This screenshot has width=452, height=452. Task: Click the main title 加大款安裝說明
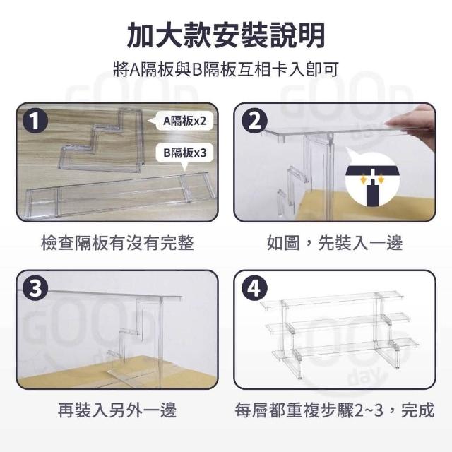point(226,35)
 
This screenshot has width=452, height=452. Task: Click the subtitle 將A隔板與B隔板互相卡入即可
point(226,69)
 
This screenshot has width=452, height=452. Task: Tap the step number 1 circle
point(35,121)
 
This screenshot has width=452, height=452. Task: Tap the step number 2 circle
point(254,121)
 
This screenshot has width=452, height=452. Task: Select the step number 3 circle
point(35,288)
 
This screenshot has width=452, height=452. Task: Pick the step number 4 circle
point(254,288)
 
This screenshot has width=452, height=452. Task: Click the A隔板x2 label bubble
point(182,121)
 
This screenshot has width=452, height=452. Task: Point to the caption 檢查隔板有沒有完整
point(117,243)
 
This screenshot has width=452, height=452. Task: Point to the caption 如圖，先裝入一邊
point(334,243)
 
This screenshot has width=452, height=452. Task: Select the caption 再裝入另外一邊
point(117,410)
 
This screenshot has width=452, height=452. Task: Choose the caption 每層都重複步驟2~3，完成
point(334,410)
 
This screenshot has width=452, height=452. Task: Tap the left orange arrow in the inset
point(364,180)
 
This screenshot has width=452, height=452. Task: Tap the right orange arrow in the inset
point(381,180)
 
